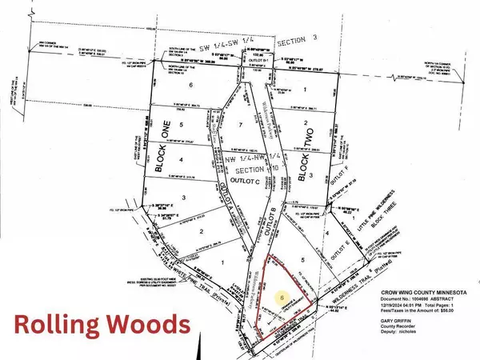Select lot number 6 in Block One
point(190,85)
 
